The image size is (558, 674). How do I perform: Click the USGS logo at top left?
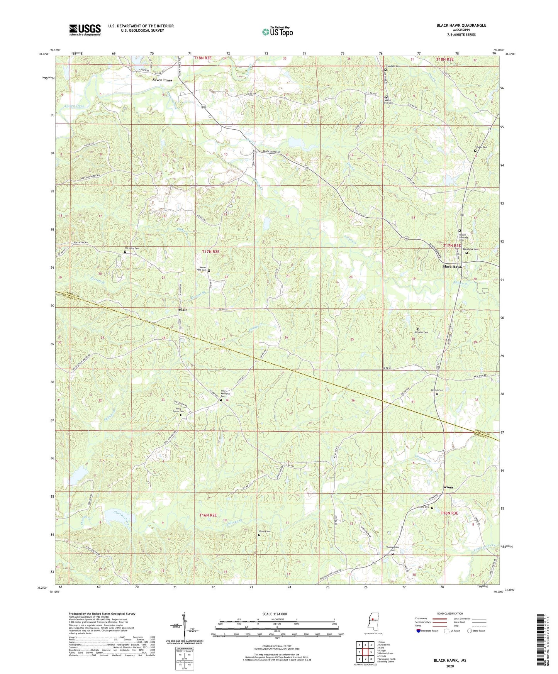[85, 29]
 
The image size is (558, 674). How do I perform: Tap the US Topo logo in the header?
[277, 32]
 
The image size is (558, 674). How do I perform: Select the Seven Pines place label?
[162, 80]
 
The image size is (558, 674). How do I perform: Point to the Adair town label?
[182, 310]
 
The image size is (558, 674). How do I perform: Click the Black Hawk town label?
[452, 267]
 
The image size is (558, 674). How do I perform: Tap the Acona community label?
[448, 487]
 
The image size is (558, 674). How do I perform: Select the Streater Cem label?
[421, 332]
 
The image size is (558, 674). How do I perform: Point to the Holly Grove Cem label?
[178, 411]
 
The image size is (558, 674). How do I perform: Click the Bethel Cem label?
[437, 390]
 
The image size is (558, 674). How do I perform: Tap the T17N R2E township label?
[210, 252]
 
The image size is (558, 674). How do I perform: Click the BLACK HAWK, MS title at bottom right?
[449, 660]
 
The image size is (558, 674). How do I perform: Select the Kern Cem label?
[264, 532]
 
